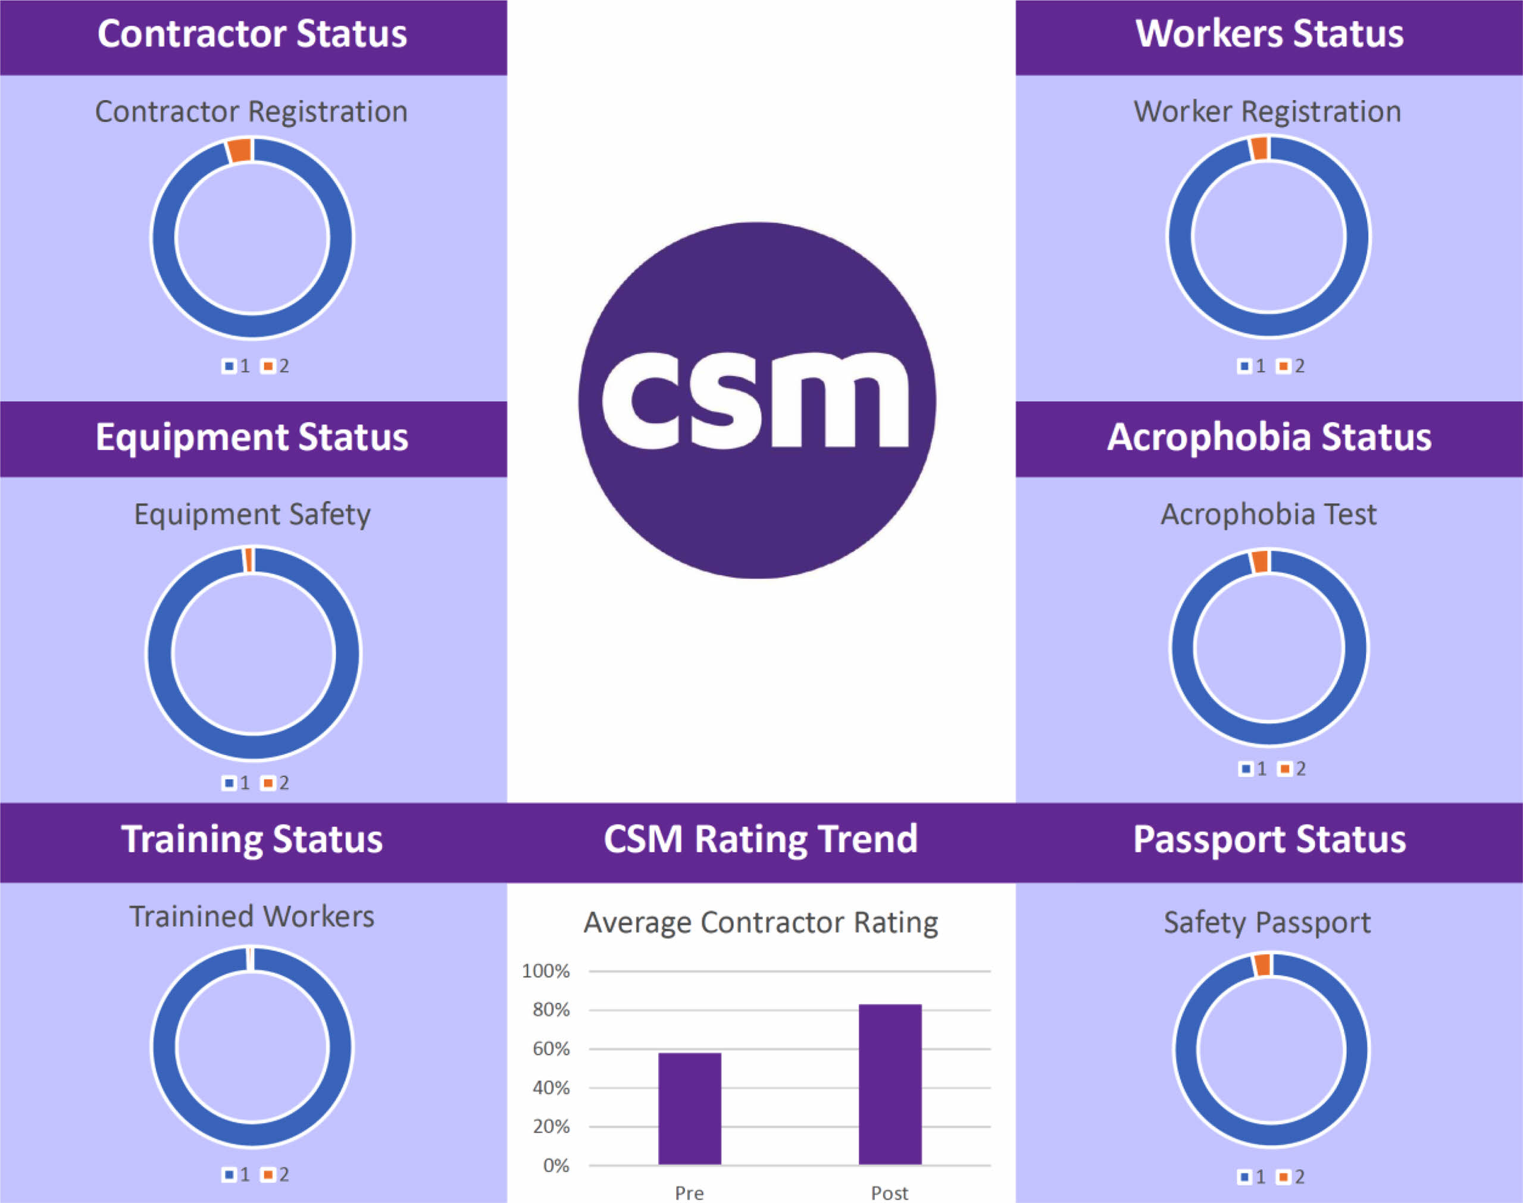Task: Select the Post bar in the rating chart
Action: point(890,1084)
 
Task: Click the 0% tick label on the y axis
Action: point(556,1166)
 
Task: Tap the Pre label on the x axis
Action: point(689,1192)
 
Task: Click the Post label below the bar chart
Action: point(890,1192)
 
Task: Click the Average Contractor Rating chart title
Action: point(761,922)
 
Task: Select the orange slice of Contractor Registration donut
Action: point(239,151)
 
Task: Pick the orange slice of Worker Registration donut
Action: point(1259,149)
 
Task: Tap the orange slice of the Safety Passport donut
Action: point(1262,965)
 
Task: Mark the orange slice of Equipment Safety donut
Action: point(248,560)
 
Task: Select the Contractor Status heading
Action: point(252,34)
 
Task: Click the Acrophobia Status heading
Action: point(1269,437)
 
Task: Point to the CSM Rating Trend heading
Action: point(761,839)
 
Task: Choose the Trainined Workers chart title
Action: point(252,916)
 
